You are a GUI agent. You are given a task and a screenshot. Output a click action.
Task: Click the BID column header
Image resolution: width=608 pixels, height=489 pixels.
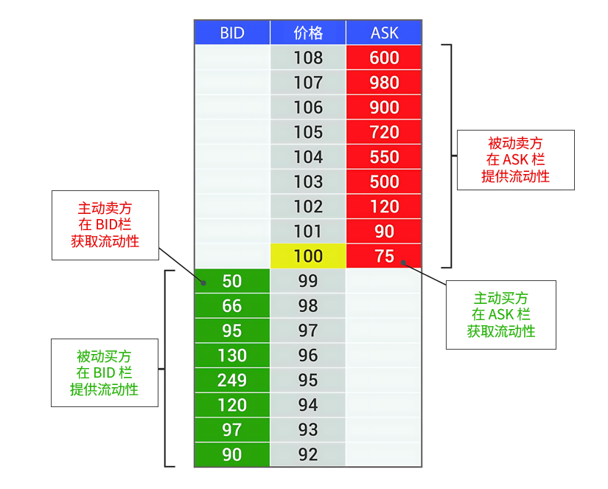coord(231,32)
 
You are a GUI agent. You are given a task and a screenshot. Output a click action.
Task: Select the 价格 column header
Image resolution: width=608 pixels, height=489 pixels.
coord(308,32)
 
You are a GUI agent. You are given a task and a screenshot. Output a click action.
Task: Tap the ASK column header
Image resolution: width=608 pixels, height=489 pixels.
coord(384,32)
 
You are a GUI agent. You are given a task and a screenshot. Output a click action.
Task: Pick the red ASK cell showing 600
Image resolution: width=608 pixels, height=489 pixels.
coord(384,58)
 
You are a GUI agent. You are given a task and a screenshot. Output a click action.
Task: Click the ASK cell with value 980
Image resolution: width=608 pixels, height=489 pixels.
coord(384,83)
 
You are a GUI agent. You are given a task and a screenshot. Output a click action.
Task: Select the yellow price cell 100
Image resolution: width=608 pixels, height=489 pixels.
coord(308,256)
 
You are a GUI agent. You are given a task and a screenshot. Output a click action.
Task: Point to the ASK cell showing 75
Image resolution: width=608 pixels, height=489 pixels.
coord(384,256)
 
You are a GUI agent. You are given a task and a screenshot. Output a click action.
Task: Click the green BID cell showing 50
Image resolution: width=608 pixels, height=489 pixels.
coord(231,281)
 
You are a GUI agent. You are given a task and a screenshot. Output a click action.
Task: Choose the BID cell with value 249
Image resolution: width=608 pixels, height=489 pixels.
coord(231,380)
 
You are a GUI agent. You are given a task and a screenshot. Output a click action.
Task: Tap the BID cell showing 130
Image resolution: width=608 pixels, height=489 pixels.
coord(231,356)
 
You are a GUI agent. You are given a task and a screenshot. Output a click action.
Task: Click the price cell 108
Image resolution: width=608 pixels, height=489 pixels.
coord(308,58)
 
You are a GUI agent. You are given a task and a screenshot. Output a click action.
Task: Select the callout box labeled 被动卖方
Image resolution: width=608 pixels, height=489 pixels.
coord(515,160)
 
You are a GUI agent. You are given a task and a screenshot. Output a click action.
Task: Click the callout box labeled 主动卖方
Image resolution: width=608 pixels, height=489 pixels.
coord(105,224)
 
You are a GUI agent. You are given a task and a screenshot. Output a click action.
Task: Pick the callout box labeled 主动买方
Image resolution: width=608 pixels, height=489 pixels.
coord(500,315)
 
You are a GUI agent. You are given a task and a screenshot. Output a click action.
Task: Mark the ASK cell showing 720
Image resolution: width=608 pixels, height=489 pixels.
coord(384,132)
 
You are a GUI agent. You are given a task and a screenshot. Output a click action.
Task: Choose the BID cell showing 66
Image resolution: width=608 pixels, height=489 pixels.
coord(231,305)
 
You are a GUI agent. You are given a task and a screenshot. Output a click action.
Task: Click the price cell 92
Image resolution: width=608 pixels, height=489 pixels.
coord(308,454)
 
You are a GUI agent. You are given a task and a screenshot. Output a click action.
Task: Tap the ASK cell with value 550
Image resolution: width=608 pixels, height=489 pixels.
coord(384,157)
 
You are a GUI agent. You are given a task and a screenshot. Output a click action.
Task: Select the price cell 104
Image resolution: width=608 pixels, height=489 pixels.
coord(308,157)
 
